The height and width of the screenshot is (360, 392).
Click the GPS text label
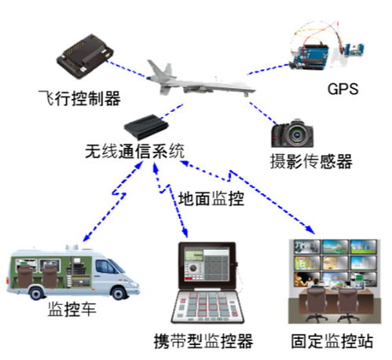pyautogui.click(x=343, y=89)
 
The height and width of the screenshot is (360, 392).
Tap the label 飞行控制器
pyautogui.click(x=79, y=98)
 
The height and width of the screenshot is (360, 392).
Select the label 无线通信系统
pyautogui.click(x=135, y=151)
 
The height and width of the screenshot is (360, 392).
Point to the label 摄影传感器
pyautogui.click(x=311, y=161)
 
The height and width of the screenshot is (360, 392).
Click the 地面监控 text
pyautogui.click(x=211, y=198)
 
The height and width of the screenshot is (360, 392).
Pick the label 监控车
pyautogui.click(x=72, y=309)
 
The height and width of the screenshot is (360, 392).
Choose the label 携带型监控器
pyautogui.click(x=203, y=341)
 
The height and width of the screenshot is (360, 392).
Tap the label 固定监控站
pyautogui.click(x=332, y=341)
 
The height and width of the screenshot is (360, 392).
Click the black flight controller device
pyautogui.click(x=85, y=56)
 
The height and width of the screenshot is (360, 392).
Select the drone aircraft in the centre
pyautogui.click(x=200, y=79)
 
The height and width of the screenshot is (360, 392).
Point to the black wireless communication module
pyautogui.click(x=146, y=127)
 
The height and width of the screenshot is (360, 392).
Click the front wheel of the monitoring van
pyautogui.click(x=119, y=293)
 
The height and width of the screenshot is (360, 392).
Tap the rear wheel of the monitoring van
pyautogui.click(x=37, y=293)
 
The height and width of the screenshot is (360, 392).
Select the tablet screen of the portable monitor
pyautogui.click(x=207, y=265)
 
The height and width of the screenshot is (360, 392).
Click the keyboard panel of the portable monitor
pyautogui.click(x=207, y=307)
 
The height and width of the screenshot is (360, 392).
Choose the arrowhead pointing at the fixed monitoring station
pyautogui.click(x=311, y=230)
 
